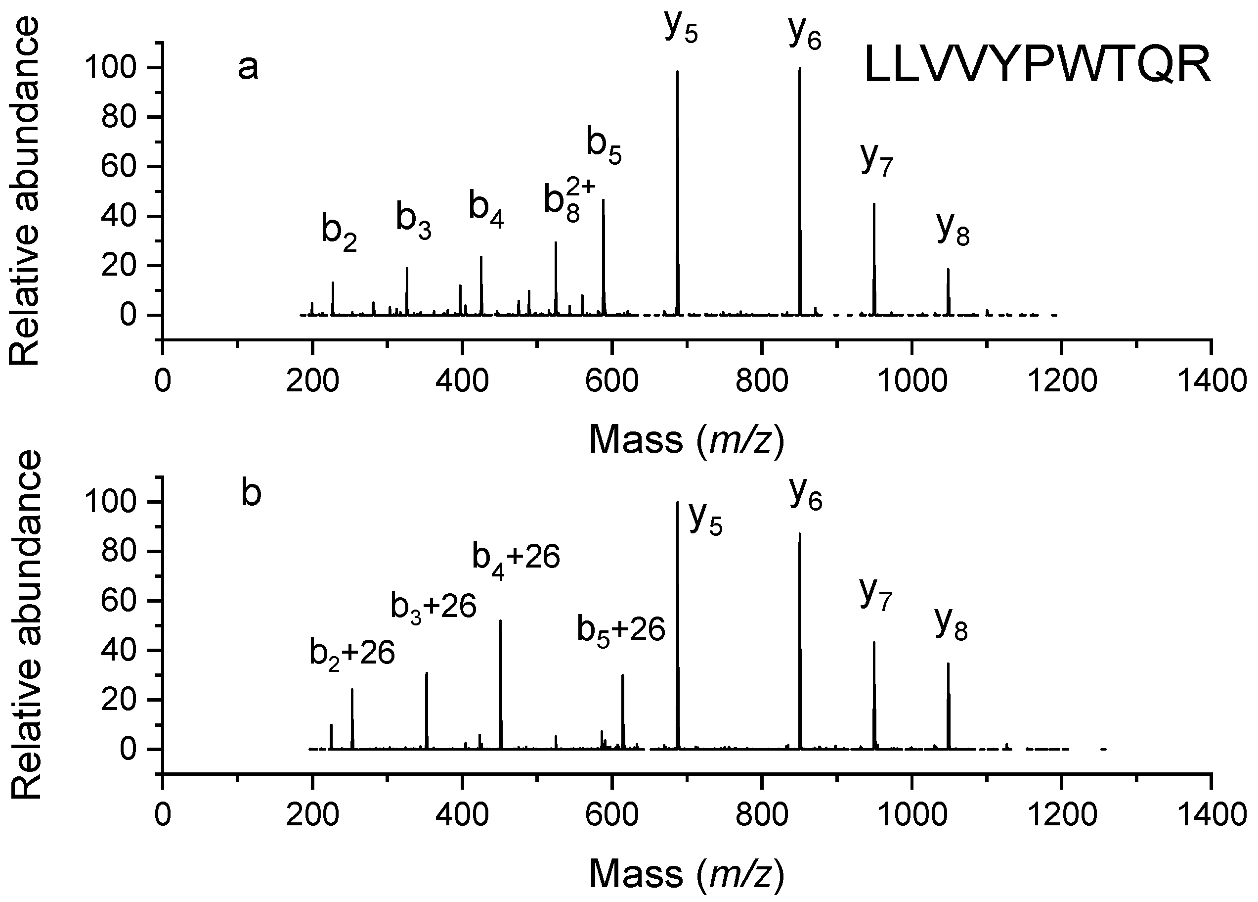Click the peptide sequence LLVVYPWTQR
(x=1037, y=66)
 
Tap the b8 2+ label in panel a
(x=568, y=202)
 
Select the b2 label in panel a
(x=339, y=233)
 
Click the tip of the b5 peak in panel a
(x=603, y=200)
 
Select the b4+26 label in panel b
(x=516, y=559)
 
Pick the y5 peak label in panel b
(x=705, y=519)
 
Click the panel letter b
(x=251, y=494)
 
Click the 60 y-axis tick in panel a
(x=118, y=167)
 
